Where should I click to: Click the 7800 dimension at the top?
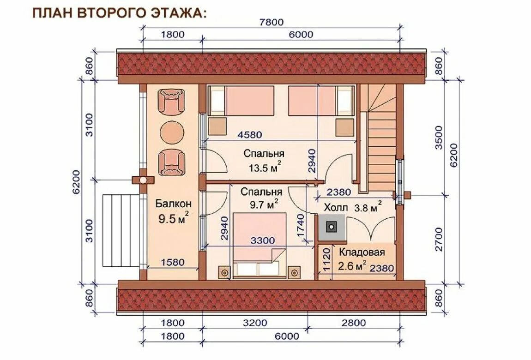(x=271, y=22)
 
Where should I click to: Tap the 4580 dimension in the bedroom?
(x=250, y=135)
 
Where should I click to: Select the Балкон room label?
(x=174, y=204)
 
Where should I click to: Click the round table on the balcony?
(x=172, y=132)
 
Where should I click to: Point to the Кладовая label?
(x=362, y=253)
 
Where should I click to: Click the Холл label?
(x=336, y=207)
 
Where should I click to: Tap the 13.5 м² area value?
(x=265, y=167)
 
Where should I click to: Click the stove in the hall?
(x=331, y=227)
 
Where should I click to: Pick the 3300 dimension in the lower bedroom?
(x=262, y=240)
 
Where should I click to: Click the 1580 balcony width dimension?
(x=173, y=262)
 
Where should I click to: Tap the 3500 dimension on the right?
(x=439, y=138)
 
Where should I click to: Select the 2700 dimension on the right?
(x=439, y=239)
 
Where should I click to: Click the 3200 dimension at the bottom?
(x=255, y=323)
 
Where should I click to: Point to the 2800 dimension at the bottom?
(x=354, y=323)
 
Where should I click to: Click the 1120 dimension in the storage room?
(x=326, y=260)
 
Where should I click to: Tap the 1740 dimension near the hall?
(x=301, y=226)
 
